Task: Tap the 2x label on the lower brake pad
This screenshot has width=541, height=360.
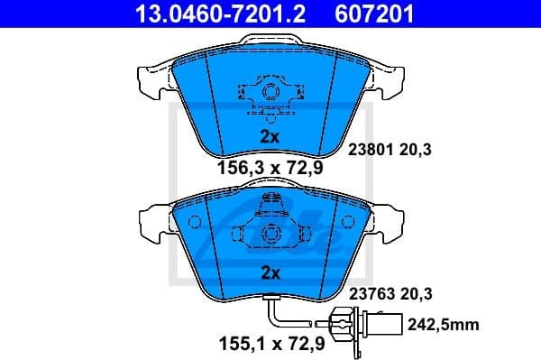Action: click(x=270, y=272)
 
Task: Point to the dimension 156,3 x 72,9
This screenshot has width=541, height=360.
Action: click(x=267, y=166)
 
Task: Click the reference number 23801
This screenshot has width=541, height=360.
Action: click(x=367, y=151)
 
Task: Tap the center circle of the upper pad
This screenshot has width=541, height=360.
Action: click(x=269, y=93)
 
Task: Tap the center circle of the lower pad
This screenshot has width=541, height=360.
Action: click(x=269, y=233)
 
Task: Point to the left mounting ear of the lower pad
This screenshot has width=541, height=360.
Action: click(x=149, y=218)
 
